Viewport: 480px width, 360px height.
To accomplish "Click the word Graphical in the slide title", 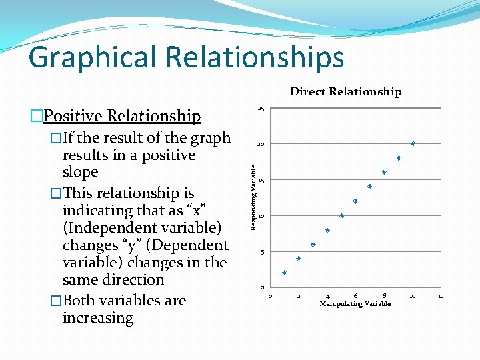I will [x=93, y=57].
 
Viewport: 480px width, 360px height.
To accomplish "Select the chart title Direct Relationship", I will [x=345, y=92].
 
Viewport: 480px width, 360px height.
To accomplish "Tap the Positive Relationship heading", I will [x=121, y=116].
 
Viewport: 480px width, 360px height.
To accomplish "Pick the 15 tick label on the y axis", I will [x=263, y=181].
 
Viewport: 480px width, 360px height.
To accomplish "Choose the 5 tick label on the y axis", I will [x=262, y=253].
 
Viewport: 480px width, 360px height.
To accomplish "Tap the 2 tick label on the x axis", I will [x=299, y=295].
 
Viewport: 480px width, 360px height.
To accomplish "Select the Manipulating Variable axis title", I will [x=355, y=304].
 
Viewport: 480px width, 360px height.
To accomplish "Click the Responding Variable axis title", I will [x=253, y=197].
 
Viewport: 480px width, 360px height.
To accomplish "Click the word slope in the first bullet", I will [x=80, y=172].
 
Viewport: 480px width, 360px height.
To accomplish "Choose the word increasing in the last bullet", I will [x=98, y=318].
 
